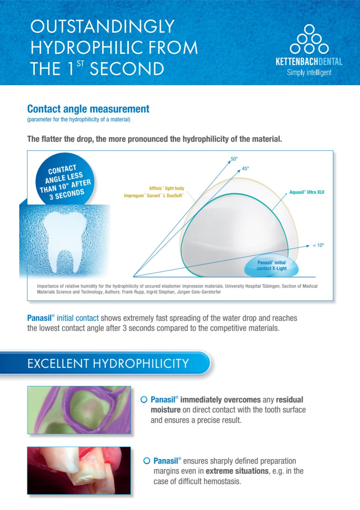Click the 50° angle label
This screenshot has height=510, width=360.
coord(234,159)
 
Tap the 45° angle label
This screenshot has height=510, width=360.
coord(245,168)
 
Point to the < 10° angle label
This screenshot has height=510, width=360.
coord(318,245)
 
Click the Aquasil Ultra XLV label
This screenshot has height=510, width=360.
coord(307,192)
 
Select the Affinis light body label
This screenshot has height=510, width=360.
coord(167,188)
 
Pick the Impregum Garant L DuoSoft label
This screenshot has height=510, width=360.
coord(154,195)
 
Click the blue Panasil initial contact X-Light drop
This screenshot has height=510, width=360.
coord(271,265)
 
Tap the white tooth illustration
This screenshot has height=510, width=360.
coord(65,241)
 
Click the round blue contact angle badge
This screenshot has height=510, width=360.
coord(65,180)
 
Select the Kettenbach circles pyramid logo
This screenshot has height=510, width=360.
coord(309,39)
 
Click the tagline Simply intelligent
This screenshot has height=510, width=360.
coord(309,72)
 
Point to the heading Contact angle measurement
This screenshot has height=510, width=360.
coord(88,109)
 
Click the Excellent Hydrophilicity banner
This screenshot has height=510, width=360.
coord(105,363)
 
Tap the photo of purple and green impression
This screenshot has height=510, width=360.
coord(79,410)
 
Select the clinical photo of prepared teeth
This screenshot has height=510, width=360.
coord(79,471)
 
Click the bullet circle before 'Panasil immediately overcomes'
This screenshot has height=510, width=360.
coord(144,400)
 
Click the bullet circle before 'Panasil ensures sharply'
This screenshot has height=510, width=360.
coord(147,461)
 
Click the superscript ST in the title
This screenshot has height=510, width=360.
coord(80,63)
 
